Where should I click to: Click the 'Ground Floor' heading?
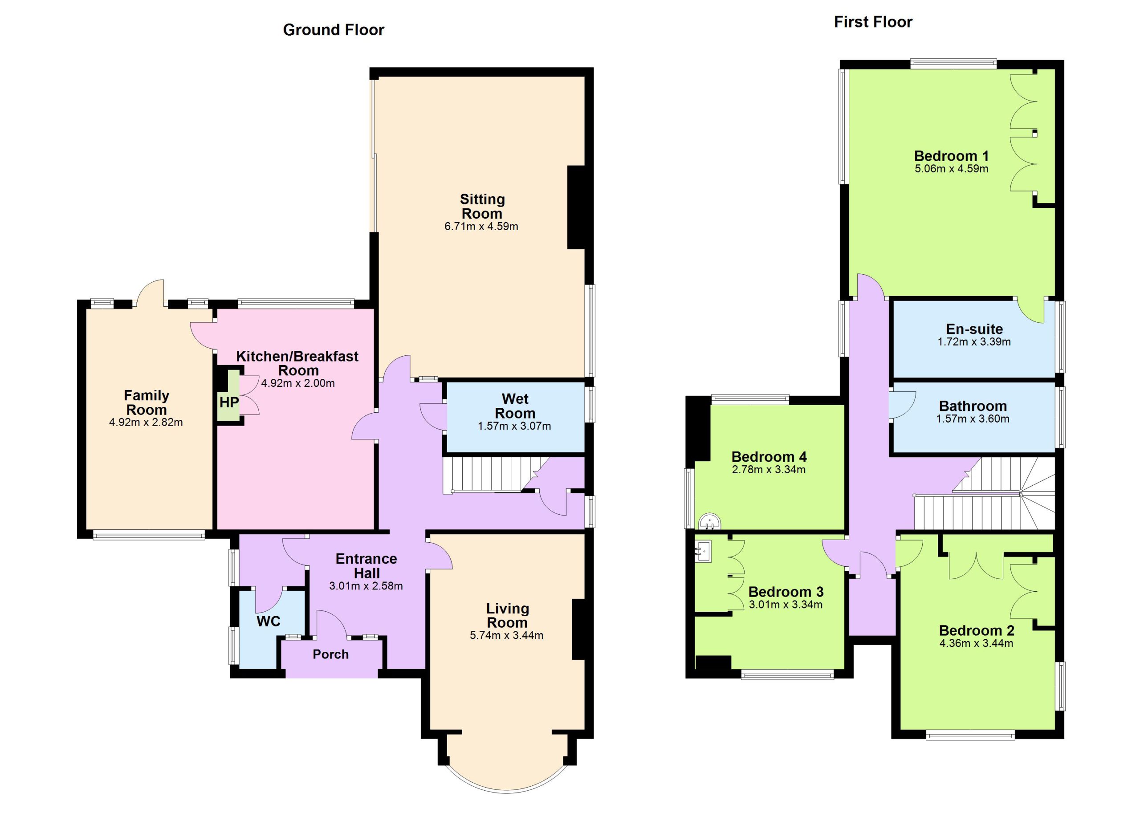(x=333, y=30)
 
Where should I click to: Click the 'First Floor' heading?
(x=873, y=22)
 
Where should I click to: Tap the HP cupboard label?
(x=229, y=402)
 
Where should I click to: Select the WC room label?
(x=269, y=622)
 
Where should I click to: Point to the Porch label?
(x=330, y=654)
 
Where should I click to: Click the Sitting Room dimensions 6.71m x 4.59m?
(x=481, y=227)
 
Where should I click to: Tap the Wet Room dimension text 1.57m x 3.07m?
(x=514, y=427)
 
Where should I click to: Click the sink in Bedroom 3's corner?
(x=704, y=551)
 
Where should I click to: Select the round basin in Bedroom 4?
(x=710, y=521)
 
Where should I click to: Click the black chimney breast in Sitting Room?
(x=576, y=207)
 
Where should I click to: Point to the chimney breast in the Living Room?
(x=578, y=629)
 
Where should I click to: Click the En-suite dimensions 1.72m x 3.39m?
(x=974, y=342)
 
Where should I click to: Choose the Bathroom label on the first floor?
(x=973, y=406)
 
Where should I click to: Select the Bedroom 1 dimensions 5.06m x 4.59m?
(x=952, y=169)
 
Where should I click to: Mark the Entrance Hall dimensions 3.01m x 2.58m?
(x=366, y=586)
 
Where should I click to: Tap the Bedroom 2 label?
(x=976, y=630)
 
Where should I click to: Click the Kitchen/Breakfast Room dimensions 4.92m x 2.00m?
(x=298, y=383)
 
